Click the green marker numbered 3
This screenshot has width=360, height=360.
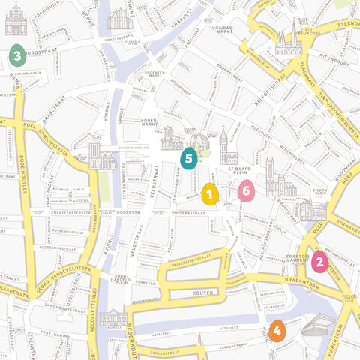[x=16, y=55]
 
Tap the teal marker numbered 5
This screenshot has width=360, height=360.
[x=188, y=157]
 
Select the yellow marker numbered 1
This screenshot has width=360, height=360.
[x=210, y=195]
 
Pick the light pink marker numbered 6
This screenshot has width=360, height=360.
[x=245, y=190]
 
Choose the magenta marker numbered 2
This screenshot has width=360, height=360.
[x=319, y=262]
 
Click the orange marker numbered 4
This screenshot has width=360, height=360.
[x=277, y=330]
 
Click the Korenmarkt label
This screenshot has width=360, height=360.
[x=148, y=123]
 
